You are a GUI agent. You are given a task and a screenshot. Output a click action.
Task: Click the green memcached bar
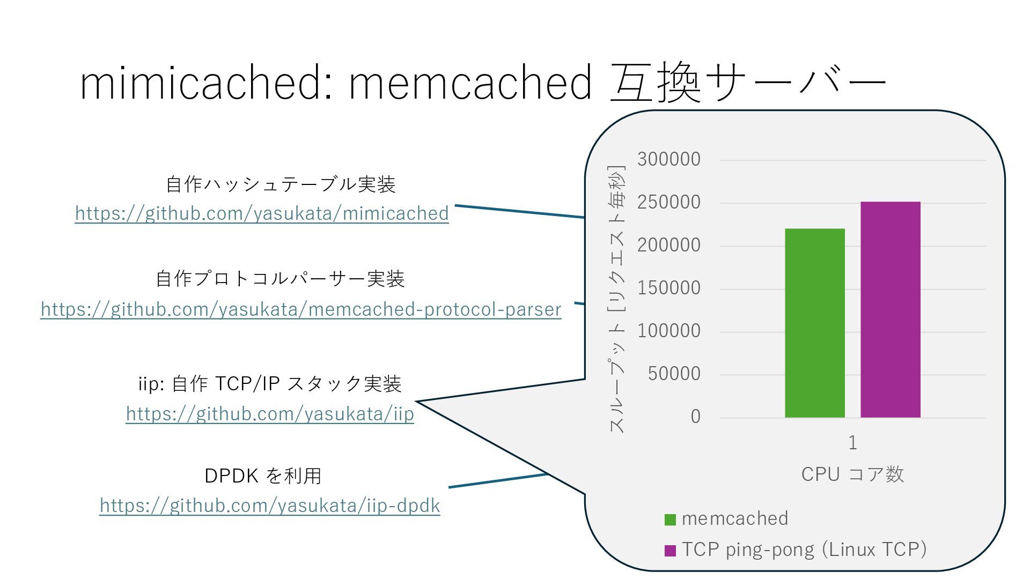pos(814,323)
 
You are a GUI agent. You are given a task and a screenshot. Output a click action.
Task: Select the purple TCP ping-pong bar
pos(890,309)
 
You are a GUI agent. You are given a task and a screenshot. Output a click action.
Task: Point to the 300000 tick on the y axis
pos(668,159)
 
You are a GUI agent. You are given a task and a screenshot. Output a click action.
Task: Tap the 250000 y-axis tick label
pos(668,202)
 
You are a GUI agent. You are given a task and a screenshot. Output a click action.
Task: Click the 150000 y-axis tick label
pos(668,288)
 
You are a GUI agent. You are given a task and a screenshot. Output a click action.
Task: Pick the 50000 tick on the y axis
pos(674,374)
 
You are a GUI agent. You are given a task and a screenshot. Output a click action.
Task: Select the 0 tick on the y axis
pos(695,417)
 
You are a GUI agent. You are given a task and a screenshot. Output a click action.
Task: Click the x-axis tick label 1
pos(852,443)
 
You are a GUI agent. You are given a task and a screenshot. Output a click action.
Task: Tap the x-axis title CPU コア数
pos(852,474)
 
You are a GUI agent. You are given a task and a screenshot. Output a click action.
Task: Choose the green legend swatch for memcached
pos(670,519)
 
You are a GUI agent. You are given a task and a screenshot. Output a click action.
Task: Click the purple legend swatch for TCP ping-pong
pos(670,551)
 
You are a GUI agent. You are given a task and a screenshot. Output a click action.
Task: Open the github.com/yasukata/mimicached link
pos(262,213)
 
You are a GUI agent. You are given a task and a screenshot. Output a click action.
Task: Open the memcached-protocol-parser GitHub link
pos(301,309)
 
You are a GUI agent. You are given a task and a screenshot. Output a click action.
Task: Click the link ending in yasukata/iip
pos(270,414)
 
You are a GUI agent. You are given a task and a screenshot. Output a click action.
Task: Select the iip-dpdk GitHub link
pos(270,506)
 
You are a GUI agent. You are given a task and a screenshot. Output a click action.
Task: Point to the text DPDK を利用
pos(263,476)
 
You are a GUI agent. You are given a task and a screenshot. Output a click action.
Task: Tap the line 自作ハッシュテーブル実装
pos(281,184)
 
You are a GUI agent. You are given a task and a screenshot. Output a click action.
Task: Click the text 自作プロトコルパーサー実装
pos(280,279)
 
